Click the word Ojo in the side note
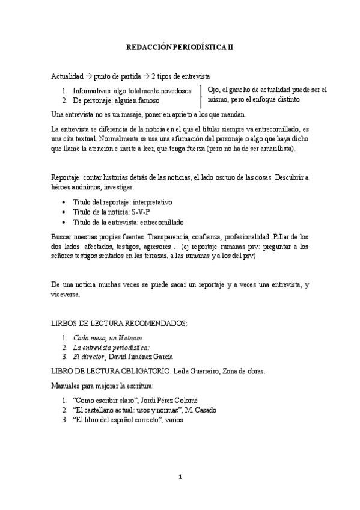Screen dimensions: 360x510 (213, 90)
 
